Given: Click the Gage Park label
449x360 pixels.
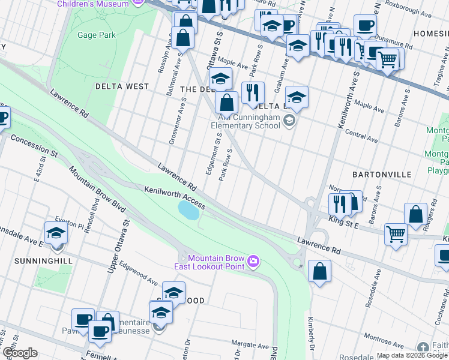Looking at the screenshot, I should (x=96, y=35).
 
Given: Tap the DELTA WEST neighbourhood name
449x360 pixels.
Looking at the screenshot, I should (x=122, y=86).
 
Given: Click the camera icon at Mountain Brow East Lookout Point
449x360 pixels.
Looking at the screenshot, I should (x=253, y=260).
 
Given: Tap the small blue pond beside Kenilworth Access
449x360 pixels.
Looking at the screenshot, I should (x=188, y=210).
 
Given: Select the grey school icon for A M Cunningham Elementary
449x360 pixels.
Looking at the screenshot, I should (x=289, y=121).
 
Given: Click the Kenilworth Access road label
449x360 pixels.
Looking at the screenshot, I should (x=175, y=197).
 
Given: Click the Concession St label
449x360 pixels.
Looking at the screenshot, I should (x=34, y=146).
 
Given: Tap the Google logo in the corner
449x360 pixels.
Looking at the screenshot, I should (x=19, y=353).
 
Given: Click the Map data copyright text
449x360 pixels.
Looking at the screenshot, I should (x=412, y=355).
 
